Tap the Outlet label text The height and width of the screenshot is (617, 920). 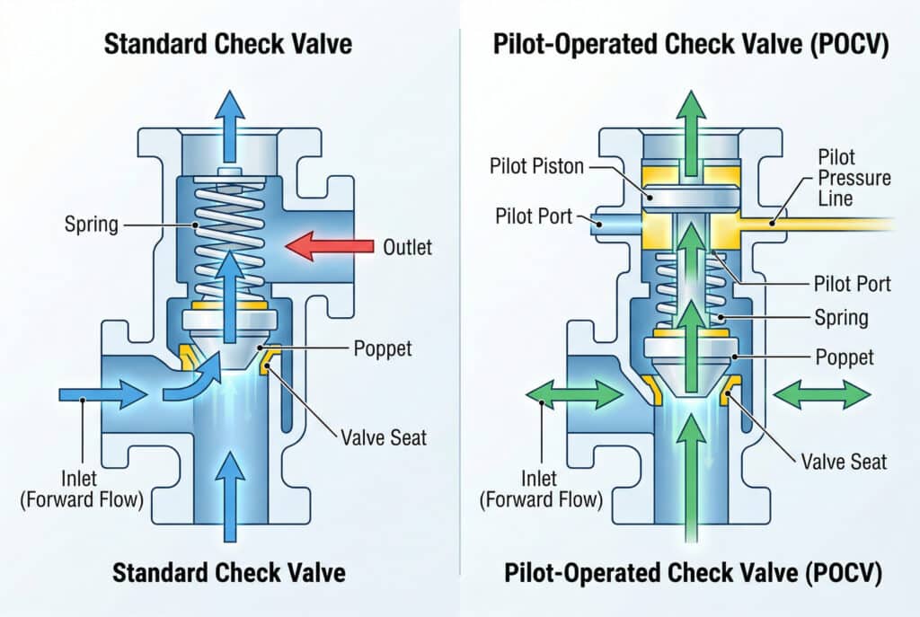tap(407, 245)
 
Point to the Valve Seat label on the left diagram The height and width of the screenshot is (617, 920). tap(383, 438)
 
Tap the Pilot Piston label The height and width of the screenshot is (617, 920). tap(537, 167)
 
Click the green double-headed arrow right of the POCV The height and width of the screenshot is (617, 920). tap(821, 393)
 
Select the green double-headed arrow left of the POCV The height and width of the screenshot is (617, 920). tap(574, 393)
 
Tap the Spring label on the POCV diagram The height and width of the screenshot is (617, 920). tap(841, 317)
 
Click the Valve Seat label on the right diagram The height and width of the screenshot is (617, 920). tap(843, 462)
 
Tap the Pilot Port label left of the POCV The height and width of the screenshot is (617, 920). tap(533, 216)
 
